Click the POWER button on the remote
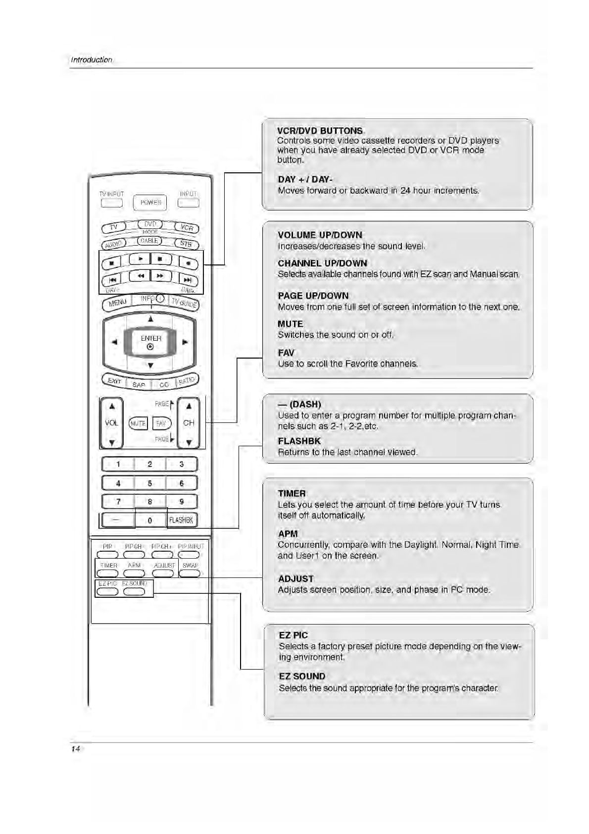150,203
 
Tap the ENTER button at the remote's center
150,342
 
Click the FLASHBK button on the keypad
181,520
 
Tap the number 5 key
149,483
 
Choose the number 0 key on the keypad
150,520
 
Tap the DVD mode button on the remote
150,224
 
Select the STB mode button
186,244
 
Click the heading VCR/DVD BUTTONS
320,131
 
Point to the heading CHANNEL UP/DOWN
322,263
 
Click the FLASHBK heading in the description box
299,441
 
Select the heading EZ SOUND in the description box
302,676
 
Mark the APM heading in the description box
288,533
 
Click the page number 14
75,749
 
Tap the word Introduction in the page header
92,60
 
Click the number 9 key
182,501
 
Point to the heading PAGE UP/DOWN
313,296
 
